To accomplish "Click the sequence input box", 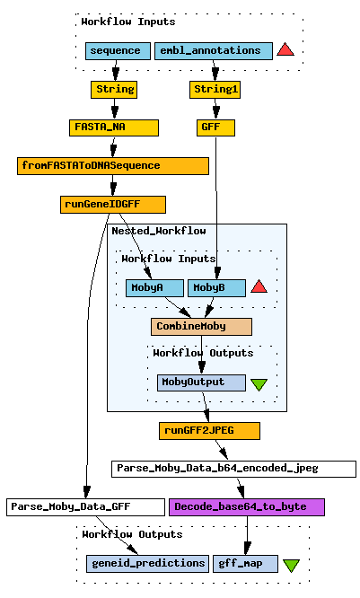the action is (115, 51).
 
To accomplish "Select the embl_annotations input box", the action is (214, 51).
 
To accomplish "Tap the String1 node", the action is (215, 90).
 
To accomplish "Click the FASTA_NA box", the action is (114, 128).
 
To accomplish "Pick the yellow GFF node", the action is (215, 128).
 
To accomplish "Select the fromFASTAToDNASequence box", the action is (113, 166).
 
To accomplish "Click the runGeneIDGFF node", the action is (113, 205).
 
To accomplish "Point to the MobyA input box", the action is (154, 288).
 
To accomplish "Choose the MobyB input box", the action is (216, 288).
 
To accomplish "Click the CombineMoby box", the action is (201, 327).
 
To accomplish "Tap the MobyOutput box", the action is (201, 383).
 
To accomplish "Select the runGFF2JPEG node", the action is (209, 431).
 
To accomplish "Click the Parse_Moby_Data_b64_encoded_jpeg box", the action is (233, 469).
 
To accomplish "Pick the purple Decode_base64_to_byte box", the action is (247, 507).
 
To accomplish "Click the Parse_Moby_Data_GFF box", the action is (86, 507).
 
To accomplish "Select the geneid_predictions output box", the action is (147, 564).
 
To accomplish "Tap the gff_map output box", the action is (246, 564).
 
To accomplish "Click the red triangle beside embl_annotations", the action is (285, 50).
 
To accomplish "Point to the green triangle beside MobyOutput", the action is (259, 384).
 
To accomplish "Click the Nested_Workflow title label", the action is (159, 231).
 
